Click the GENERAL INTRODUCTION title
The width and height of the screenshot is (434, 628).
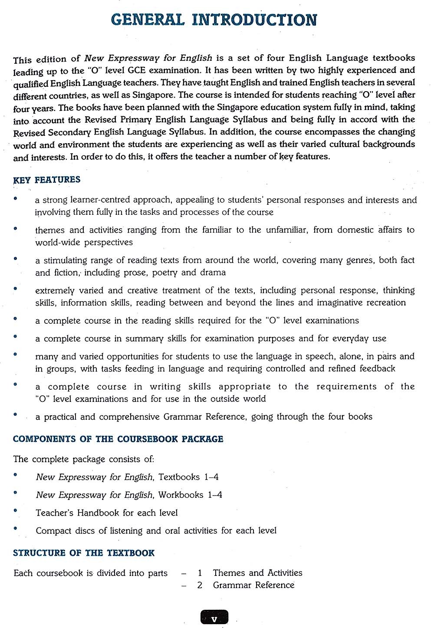click(214, 20)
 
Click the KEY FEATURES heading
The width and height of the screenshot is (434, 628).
click(47, 180)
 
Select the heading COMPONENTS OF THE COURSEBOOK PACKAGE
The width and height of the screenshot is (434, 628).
click(118, 439)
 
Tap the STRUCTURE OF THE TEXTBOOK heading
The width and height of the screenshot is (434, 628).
click(84, 553)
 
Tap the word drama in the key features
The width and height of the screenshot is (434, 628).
click(212, 273)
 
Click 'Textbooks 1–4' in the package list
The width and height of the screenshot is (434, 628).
click(188, 477)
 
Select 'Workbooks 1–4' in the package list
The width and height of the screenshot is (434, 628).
click(190, 495)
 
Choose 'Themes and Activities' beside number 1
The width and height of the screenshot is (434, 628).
click(257, 573)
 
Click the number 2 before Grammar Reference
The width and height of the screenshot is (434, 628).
click(200, 585)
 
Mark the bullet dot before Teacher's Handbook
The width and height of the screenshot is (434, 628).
click(16, 510)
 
